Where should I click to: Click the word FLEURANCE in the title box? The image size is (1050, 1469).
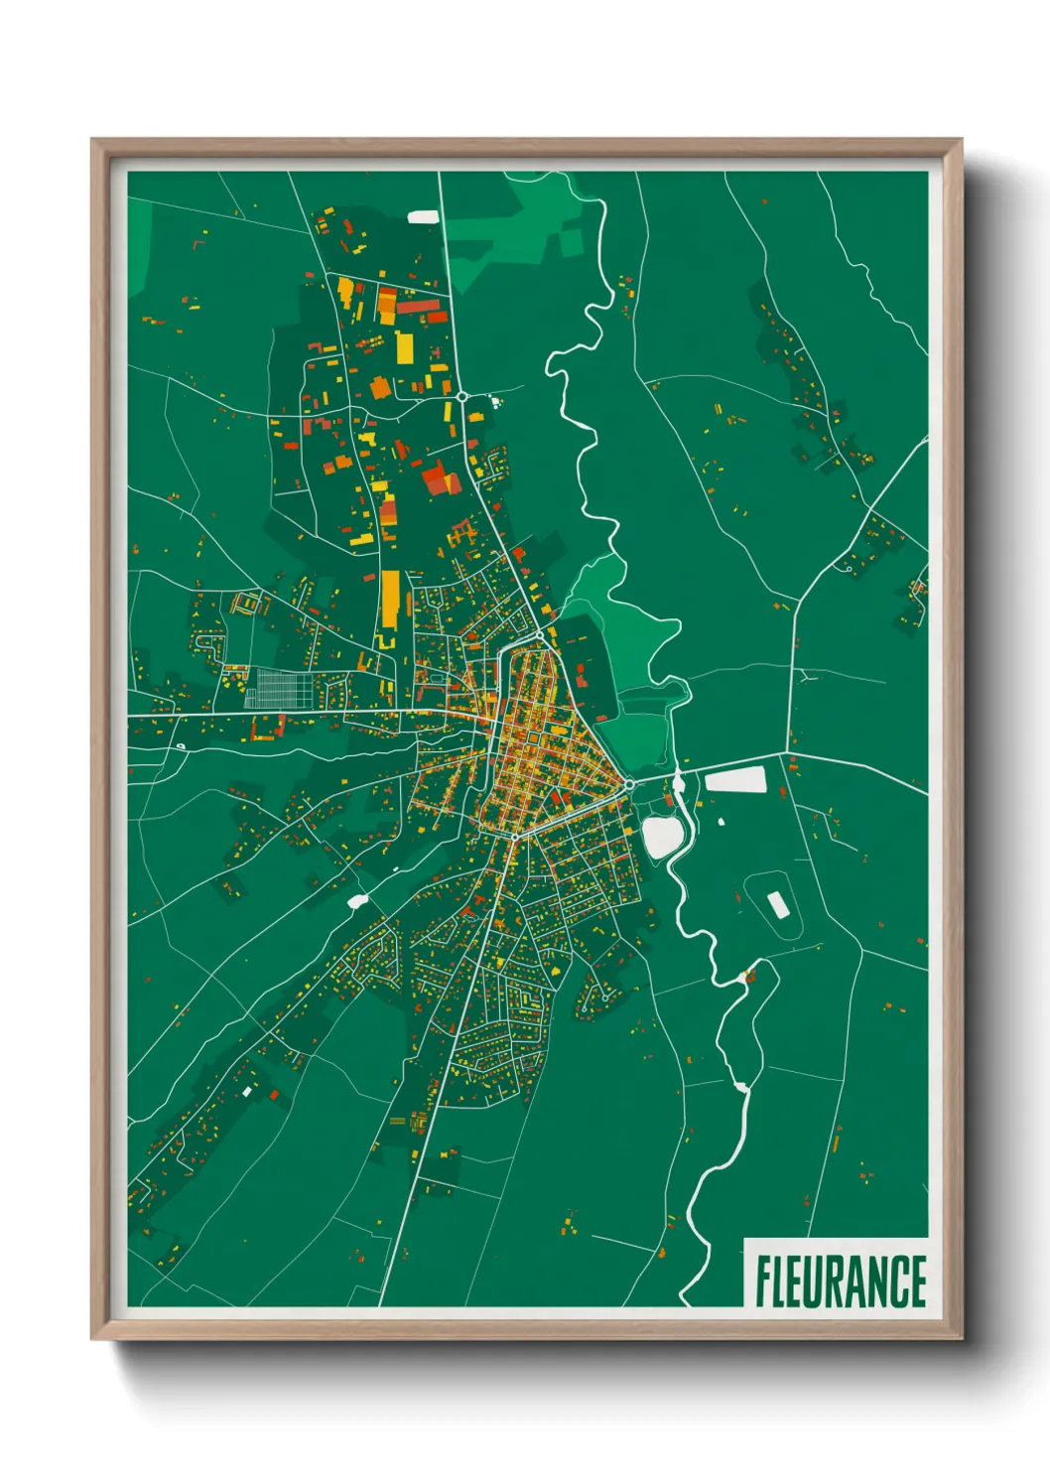(840, 1281)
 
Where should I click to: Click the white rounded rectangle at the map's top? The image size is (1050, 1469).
(423, 216)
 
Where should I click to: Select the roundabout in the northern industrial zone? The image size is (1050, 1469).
(462, 396)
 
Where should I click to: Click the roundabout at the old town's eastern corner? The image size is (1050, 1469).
(629, 784)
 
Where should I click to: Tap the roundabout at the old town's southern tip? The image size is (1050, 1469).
(513, 836)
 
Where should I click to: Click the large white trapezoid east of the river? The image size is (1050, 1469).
(735, 780)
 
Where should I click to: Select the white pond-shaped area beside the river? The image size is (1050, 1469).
(661, 836)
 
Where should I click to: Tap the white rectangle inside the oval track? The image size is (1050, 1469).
(777, 904)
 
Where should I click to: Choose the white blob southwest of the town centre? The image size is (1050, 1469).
(358, 901)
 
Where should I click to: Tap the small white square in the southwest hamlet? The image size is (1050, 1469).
(246, 1092)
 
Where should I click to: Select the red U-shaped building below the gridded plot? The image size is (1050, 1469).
(267, 730)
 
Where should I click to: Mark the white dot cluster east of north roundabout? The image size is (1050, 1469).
(493, 402)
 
